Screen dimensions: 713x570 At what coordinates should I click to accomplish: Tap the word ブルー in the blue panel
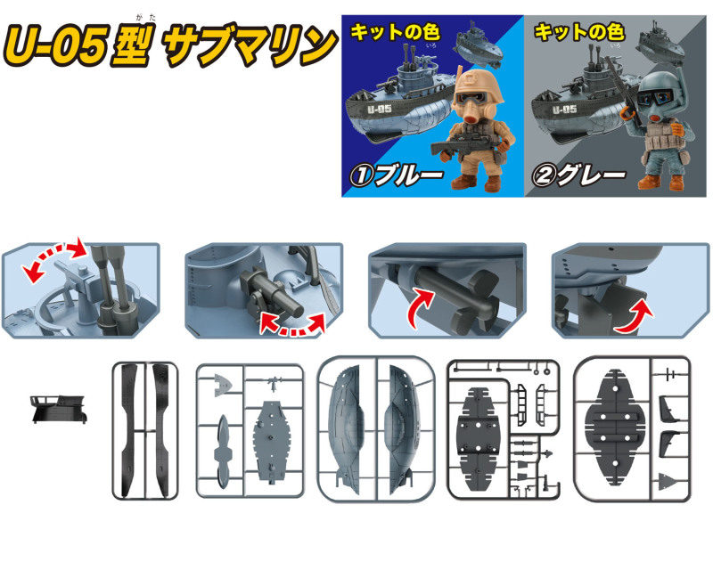409,175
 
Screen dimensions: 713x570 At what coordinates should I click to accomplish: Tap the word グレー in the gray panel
592,175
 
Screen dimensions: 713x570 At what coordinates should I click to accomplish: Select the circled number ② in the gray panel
544,176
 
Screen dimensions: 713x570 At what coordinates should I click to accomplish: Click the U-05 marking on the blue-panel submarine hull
380,109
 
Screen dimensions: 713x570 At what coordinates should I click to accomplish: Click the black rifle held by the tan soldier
469,146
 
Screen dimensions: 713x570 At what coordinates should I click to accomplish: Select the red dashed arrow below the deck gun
293,325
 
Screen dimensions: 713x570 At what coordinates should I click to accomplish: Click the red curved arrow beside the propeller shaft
418,305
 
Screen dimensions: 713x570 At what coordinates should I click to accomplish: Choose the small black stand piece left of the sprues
59,408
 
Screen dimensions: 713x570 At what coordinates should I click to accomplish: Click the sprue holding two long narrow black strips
145,430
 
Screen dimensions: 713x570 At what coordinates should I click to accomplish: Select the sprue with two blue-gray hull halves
375,429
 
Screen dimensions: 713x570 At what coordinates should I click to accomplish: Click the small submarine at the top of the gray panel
660,45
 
